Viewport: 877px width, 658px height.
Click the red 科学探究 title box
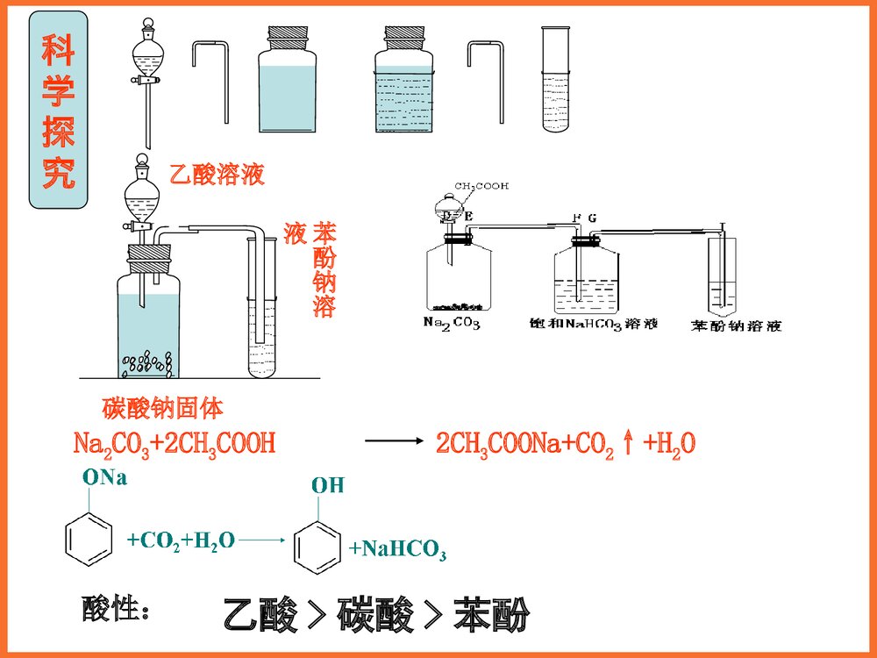(x=58, y=110)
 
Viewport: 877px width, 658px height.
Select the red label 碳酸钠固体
(x=162, y=408)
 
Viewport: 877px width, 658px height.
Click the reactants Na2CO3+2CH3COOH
(x=175, y=443)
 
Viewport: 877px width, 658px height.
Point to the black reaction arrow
(x=393, y=442)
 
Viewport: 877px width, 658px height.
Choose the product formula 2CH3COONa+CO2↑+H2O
(x=566, y=443)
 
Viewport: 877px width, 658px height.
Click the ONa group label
(x=104, y=478)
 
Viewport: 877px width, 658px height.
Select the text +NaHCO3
(x=397, y=550)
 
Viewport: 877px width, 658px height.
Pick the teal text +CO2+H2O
(x=181, y=540)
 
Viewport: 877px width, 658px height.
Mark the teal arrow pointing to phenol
(x=261, y=541)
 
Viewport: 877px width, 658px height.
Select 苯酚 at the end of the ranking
(x=491, y=616)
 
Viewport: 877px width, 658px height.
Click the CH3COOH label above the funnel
(x=481, y=186)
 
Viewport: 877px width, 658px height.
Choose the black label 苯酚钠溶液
(x=735, y=325)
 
